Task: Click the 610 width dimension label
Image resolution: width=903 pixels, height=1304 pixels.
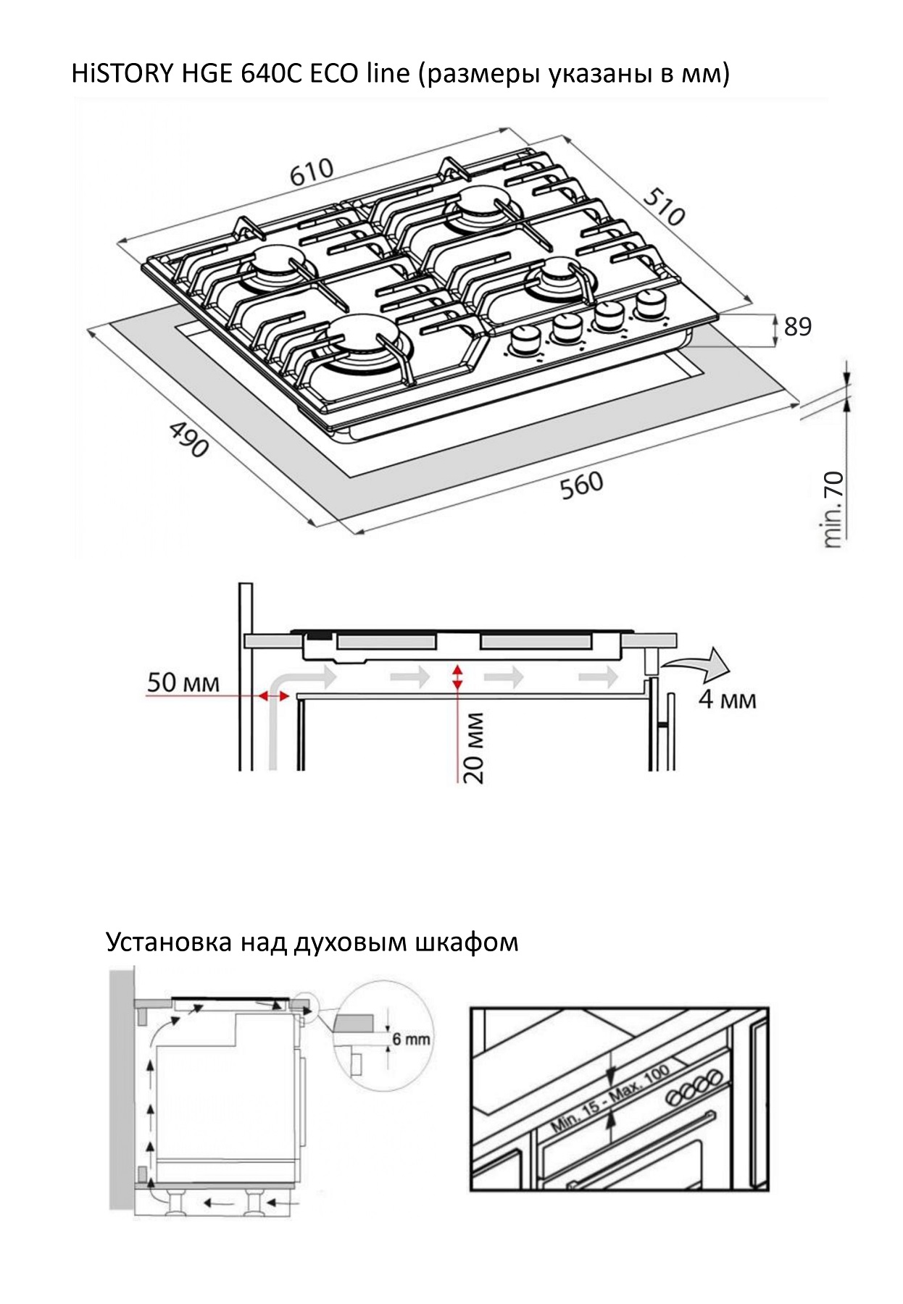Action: point(312,172)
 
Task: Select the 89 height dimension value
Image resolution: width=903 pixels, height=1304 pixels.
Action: point(798,327)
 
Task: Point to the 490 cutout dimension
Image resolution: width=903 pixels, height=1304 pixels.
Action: point(189,439)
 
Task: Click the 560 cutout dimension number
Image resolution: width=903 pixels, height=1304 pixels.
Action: point(581,485)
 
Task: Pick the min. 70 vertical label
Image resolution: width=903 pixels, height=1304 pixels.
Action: point(834,509)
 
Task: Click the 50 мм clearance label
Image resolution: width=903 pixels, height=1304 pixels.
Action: point(183,682)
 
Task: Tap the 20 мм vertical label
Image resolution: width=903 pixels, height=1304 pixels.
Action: point(473,748)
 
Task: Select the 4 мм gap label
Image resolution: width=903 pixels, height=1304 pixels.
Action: point(727,699)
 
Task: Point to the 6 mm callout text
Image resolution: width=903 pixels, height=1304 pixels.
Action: point(411,1039)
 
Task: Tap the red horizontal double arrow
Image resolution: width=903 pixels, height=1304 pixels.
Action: point(274,696)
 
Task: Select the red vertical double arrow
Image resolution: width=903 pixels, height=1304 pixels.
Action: point(457,677)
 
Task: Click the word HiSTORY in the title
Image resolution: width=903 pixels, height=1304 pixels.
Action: point(120,74)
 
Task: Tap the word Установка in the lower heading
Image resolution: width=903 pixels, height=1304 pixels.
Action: point(170,942)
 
